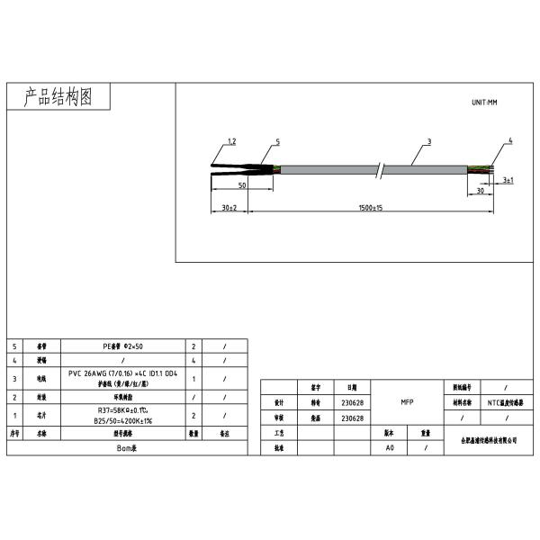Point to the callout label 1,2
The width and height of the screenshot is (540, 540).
click(230, 142)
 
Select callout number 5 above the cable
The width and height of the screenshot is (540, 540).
click(277, 142)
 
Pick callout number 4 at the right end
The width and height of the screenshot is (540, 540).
click(509, 141)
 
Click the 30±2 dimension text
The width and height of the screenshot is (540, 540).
click(229, 208)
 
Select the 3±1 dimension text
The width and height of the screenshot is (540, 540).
click(508, 181)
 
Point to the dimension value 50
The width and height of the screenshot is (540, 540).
click(242, 184)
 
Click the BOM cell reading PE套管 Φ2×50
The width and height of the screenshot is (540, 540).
click(126, 346)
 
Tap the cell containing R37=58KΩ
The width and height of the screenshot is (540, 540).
click(124, 414)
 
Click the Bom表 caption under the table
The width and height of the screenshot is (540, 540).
click(125, 446)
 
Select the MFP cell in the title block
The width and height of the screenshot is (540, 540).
click(406, 402)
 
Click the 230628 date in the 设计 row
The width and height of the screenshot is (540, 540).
click(352, 402)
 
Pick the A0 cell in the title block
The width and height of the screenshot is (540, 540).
click(390, 447)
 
